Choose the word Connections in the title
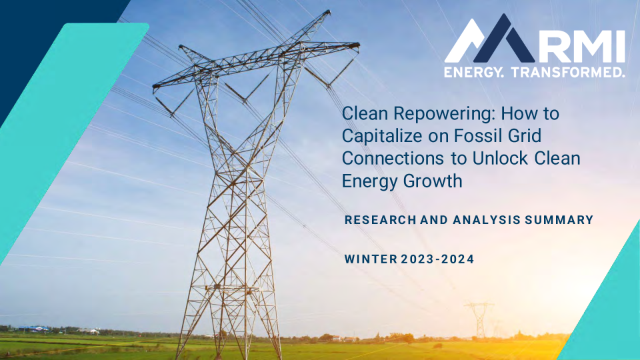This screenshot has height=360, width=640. tap(393, 158)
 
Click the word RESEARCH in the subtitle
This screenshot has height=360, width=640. tap(381, 220)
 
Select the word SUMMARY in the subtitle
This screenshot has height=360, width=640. tap(559, 220)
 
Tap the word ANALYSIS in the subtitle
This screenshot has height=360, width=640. tap(487, 220)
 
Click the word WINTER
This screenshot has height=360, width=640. tap(371, 259)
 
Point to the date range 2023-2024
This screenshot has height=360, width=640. tap(437, 259)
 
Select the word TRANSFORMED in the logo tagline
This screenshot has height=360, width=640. tap(568, 72)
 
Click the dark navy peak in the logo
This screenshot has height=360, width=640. tap(505, 41)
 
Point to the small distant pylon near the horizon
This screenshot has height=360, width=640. tap(479, 321)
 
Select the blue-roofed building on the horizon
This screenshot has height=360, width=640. tap(34, 329)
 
